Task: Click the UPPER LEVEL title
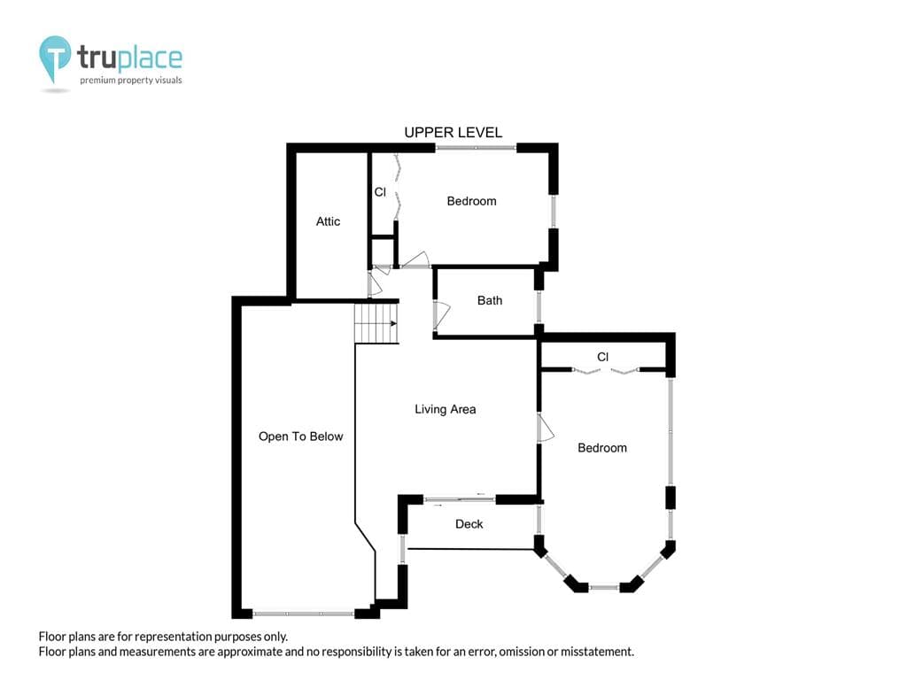tap(453, 133)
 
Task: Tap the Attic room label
tap(328, 221)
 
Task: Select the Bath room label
tap(489, 301)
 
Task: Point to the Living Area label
tap(445, 409)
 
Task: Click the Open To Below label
tap(301, 437)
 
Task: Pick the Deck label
tap(469, 524)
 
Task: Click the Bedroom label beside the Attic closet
tap(471, 201)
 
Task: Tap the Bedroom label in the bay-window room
tap(602, 448)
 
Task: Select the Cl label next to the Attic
tap(380, 192)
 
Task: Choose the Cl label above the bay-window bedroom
tap(602, 357)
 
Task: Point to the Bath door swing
tap(443, 314)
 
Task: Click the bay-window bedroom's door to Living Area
tap(546, 428)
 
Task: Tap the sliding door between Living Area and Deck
tap(460, 499)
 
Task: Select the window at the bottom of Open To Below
tap(304, 614)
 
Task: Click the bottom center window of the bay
tap(604, 588)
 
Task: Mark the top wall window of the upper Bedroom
tap(476, 148)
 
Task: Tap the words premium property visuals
tap(131, 81)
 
